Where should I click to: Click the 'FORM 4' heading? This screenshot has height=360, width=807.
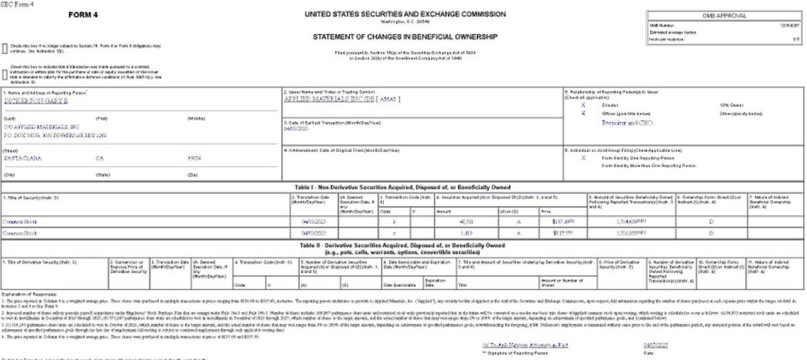(x=85, y=15)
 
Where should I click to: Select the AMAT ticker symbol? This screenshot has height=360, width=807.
(x=390, y=100)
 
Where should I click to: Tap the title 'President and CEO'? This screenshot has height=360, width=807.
(x=627, y=123)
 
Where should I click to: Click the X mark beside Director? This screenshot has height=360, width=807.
(x=583, y=106)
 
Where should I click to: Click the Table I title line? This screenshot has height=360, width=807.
(x=402, y=186)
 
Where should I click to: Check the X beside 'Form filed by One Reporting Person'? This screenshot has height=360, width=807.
(x=583, y=157)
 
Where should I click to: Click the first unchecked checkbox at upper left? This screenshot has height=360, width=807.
(x=5, y=48)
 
